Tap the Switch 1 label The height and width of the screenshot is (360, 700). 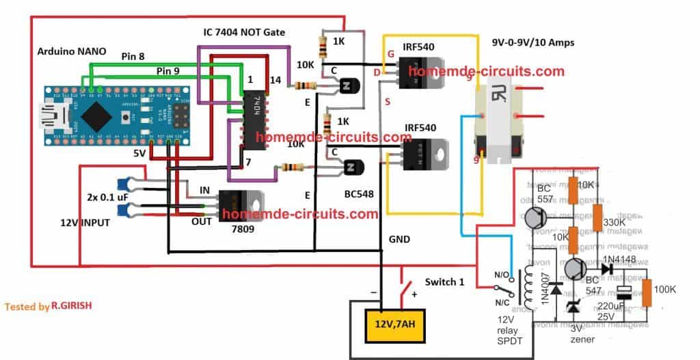tap(451, 281)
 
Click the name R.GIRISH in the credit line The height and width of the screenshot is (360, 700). tap(71, 307)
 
